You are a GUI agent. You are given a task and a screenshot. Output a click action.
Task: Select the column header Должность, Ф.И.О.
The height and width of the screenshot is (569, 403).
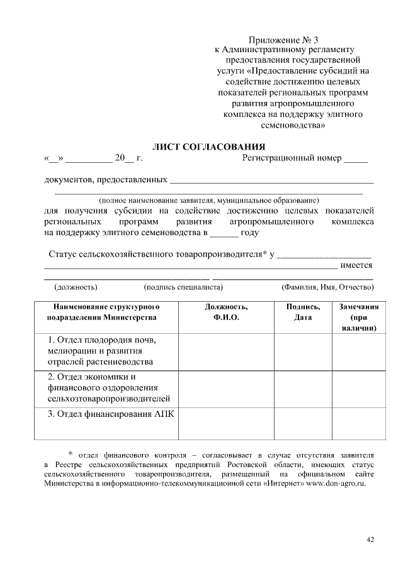pyautogui.click(x=226, y=312)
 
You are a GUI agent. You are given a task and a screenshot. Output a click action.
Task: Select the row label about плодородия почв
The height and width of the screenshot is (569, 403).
pyautogui.click(x=101, y=351)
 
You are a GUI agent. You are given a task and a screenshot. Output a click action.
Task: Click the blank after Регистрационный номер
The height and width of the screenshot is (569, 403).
pyautogui.click(x=356, y=159)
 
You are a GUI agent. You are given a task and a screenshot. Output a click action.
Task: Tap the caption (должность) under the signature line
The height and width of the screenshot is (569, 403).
pyautogui.click(x=76, y=287)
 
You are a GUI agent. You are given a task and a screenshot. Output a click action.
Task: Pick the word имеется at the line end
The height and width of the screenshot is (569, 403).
pyautogui.click(x=356, y=265)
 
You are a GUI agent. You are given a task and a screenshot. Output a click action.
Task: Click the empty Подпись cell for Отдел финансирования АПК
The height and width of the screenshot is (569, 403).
pyautogui.click(x=303, y=424)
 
